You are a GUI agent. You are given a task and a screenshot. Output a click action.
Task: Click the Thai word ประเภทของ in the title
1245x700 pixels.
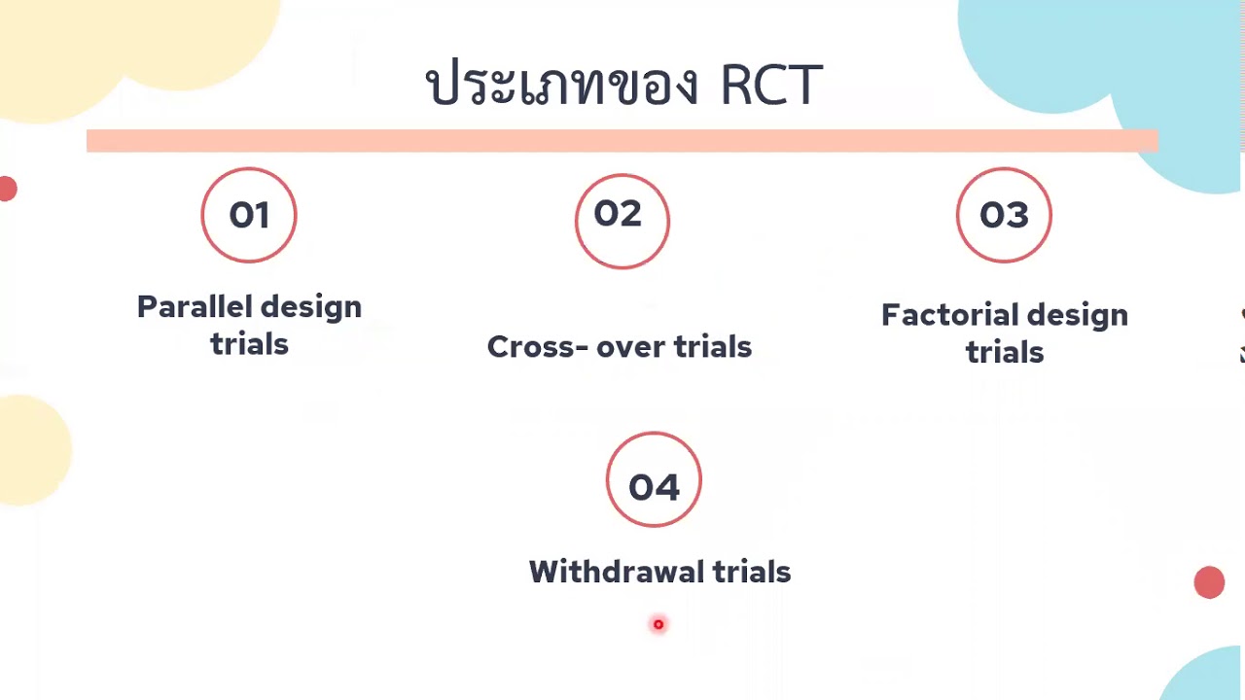point(562,84)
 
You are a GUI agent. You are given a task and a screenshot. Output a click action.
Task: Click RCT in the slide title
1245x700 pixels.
point(771,86)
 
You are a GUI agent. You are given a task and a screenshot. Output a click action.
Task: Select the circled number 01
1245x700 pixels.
point(249,215)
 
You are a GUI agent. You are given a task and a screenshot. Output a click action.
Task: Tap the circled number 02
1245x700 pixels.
point(622,214)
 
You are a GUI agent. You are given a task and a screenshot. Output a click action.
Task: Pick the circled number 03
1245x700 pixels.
point(1004,215)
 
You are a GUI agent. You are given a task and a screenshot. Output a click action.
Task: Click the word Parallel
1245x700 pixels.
point(191,307)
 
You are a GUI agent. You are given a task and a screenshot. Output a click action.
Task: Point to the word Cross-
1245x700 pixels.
point(538,347)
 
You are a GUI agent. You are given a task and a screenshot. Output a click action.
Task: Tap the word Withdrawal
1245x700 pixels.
point(617,572)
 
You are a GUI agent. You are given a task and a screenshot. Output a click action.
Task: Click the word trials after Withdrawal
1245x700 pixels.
point(752,572)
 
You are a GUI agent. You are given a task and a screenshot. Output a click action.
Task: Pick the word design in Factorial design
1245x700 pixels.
point(1077,315)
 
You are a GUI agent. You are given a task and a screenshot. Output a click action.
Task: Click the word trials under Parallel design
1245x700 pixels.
point(249,344)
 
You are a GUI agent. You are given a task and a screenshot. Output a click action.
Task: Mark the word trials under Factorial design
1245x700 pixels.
point(1005,352)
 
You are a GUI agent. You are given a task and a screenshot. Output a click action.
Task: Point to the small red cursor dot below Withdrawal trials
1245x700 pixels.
point(658,624)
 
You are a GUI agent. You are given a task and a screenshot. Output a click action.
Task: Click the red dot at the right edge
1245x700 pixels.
point(1209,582)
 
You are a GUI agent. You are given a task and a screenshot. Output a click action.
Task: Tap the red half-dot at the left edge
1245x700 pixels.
point(8,189)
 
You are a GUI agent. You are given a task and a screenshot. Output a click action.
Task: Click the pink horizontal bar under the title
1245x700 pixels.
point(622,141)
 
